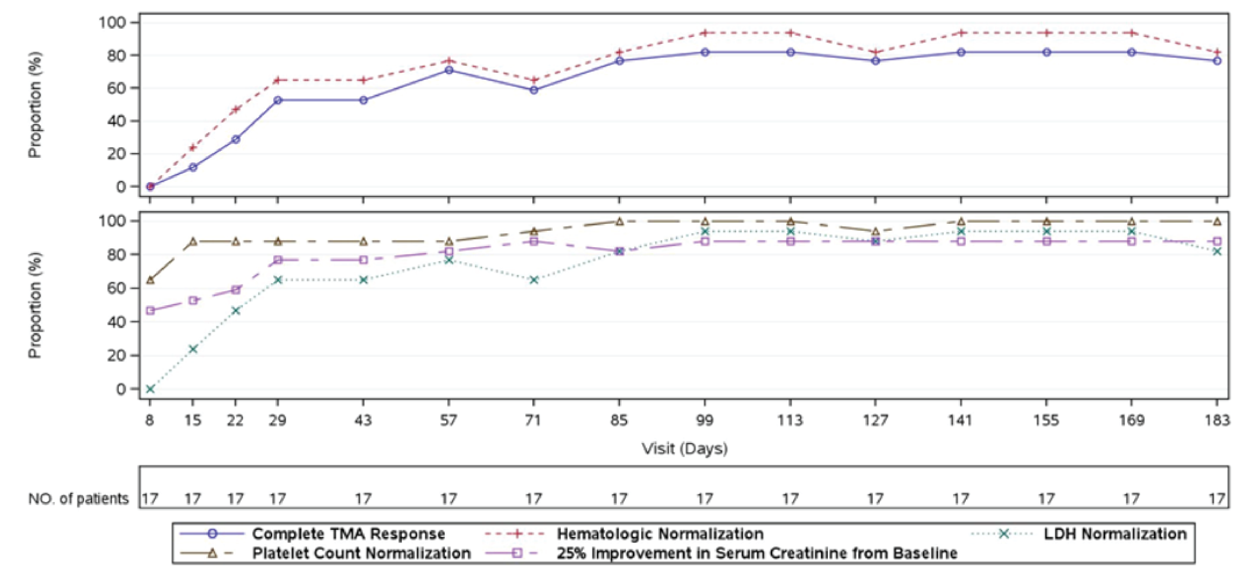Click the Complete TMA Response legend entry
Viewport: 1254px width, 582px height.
(348, 534)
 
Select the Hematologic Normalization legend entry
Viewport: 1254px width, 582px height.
(660, 534)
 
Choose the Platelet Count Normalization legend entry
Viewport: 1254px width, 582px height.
(361, 553)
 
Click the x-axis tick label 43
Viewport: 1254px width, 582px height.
(363, 420)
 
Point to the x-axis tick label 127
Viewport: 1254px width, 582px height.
(875, 420)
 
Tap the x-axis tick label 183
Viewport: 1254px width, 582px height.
(1217, 420)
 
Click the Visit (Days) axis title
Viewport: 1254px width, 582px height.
(685, 448)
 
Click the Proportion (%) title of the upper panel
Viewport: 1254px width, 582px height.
(35, 105)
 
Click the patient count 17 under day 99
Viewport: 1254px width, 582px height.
(705, 499)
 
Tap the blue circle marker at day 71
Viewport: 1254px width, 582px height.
(534, 90)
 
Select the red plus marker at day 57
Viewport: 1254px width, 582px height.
(449, 61)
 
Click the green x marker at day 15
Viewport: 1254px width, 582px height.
(193, 349)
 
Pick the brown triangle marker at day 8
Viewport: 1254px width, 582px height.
(150, 280)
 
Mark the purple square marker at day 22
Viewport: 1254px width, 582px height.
(236, 290)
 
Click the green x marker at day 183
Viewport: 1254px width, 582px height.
(1217, 251)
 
